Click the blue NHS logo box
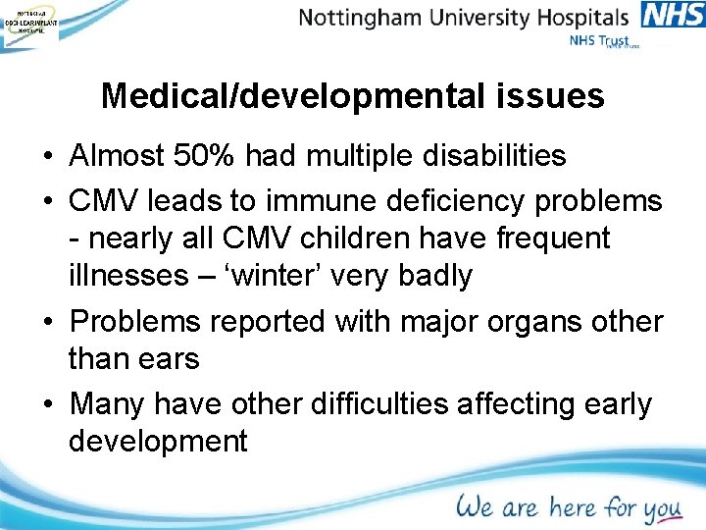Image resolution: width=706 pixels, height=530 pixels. click(673, 16)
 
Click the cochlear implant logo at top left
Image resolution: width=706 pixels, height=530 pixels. click(29, 23)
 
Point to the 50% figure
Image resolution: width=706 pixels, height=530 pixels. click(209, 155)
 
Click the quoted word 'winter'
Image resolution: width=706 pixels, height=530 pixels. click(228, 276)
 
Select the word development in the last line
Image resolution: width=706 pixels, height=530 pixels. click(158, 442)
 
